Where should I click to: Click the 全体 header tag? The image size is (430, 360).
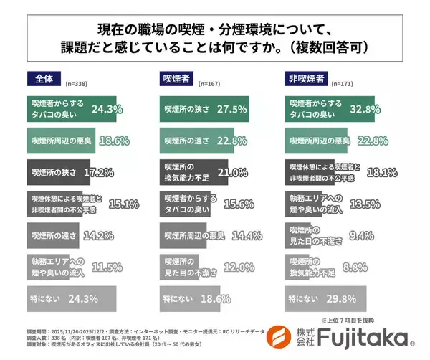click(44, 77)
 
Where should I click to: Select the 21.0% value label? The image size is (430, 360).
click(229, 173)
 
